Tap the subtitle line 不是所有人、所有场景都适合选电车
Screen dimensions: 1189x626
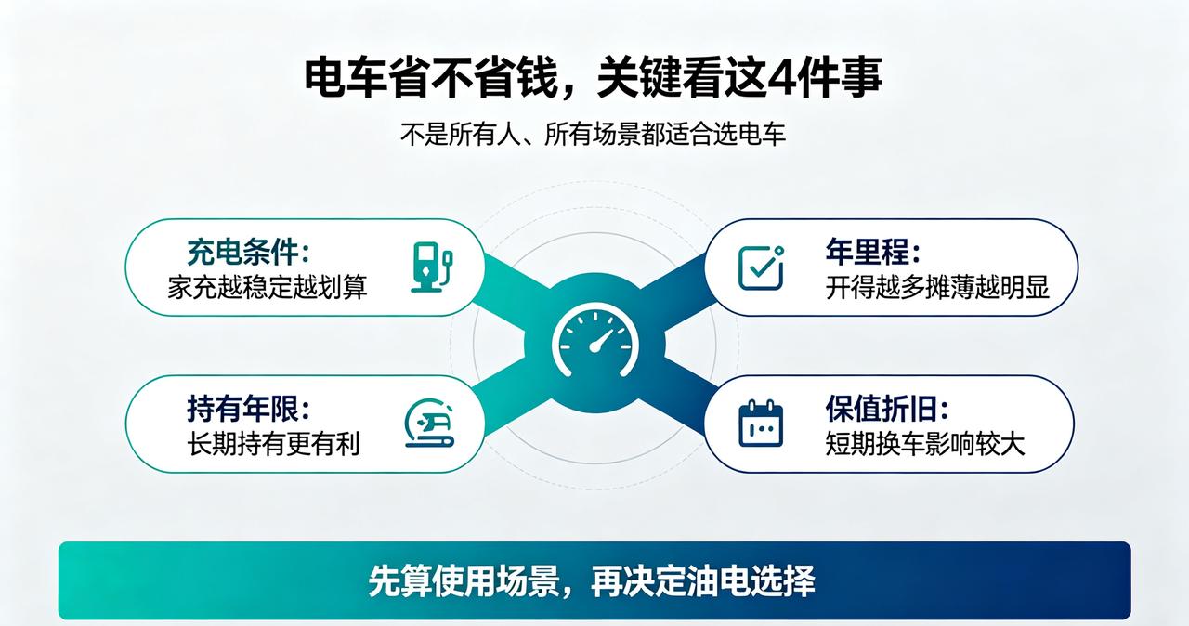[593, 135]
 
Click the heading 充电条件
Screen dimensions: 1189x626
[248, 252]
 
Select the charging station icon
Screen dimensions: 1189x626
[432, 267]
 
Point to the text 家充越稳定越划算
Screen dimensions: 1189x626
[268, 287]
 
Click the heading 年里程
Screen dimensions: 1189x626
[872, 252]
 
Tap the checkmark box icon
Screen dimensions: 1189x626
[761, 267]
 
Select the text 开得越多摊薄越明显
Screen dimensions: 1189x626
[937, 287]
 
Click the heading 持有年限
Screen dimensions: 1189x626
[248, 409]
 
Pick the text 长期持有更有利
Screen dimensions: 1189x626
[274, 444]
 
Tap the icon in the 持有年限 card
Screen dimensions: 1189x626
[429, 423]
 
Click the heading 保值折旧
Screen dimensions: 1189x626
[887, 409]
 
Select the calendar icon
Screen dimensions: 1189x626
[761, 424]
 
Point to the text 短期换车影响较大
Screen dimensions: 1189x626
[924, 444]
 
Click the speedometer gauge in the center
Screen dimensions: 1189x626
[595, 340]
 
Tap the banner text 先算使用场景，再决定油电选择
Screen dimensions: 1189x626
[592, 580]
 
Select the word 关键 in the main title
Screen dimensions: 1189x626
[638, 79]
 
